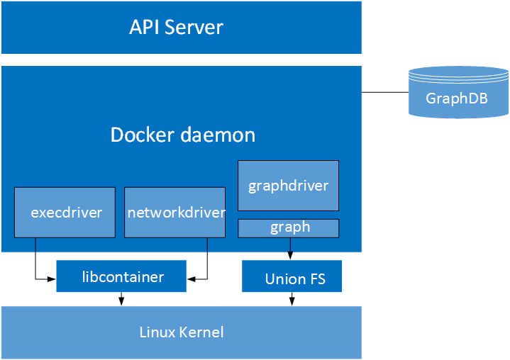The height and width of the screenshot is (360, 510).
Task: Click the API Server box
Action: pyautogui.click(x=181, y=28)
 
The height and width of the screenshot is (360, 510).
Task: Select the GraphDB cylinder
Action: pyautogui.click(x=458, y=91)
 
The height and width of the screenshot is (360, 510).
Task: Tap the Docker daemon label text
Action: pyautogui.click(x=183, y=135)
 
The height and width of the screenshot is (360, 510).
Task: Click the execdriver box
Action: pyautogui.click(x=65, y=212)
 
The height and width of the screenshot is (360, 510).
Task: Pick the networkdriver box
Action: pyautogui.click(x=174, y=212)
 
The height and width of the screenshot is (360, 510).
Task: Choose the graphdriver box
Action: pyautogui.click(x=288, y=186)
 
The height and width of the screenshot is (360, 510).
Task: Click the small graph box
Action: pyautogui.click(x=288, y=227)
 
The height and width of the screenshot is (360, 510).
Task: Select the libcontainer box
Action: pyautogui.click(x=121, y=276)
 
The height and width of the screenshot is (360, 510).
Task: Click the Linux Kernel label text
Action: pyautogui.click(x=181, y=332)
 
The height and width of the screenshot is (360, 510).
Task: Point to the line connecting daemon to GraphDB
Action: pyautogui.click(x=384, y=92)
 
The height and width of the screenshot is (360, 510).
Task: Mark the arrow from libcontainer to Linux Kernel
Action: pyautogui.click(x=121, y=299)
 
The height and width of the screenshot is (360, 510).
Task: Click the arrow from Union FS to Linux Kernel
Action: pyautogui.click(x=291, y=299)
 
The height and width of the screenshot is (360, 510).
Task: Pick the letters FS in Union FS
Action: pyautogui.click(x=316, y=278)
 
